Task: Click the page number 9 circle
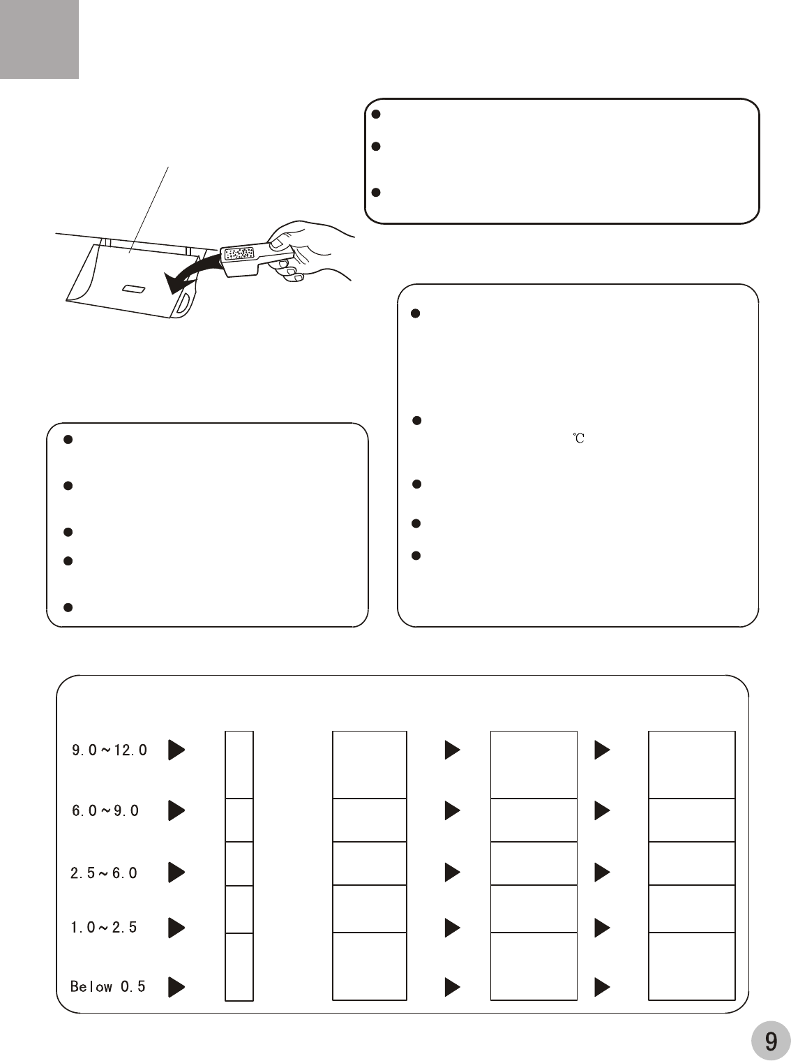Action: [x=771, y=1040]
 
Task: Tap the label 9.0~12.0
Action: [x=109, y=750]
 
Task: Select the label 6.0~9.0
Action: [x=105, y=810]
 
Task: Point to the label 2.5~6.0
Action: [x=104, y=873]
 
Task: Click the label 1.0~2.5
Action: [x=104, y=927]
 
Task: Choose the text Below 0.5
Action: [x=107, y=986]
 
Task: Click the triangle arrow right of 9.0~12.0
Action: [x=176, y=750]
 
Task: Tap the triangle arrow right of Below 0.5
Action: [x=176, y=987]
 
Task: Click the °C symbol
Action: [x=578, y=438]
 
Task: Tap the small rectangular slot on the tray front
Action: [x=134, y=289]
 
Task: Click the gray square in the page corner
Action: [x=39, y=39]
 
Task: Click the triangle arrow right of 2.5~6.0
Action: [x=176, y=873]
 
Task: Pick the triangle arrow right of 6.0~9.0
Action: [x=176, y=810]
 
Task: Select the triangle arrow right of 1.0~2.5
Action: [x=176, y=928]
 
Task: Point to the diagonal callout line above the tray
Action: [x=149, y=210]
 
